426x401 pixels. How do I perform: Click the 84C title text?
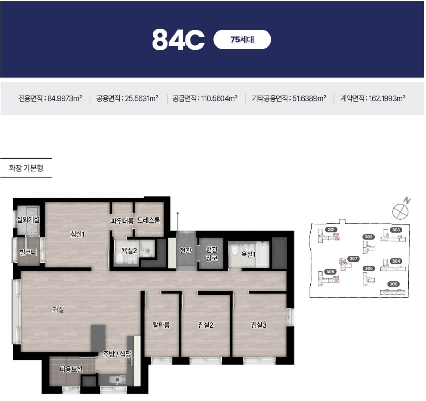[x=178, y=40]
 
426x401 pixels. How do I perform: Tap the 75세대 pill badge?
[x=242, y=39]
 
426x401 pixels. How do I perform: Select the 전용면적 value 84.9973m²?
[x=65, y=98]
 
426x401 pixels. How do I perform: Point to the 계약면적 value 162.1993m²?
[x=387, y=98]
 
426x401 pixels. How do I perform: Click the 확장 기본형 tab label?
[x=26, y=168]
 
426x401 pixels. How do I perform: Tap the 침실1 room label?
[x=77, y=234]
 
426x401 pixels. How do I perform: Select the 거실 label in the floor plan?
[x=58, y=309]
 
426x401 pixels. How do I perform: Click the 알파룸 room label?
[x=161, y=325]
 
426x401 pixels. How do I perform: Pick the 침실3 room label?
[x=258, y=325]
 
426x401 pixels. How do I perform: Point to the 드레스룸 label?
[x=149, y=220]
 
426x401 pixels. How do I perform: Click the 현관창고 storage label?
[x=212, y=254]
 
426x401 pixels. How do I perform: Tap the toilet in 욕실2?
[x=119, y=258]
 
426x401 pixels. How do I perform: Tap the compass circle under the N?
[x=400, y=212]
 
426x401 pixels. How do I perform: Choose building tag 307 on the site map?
[x=353, y=259]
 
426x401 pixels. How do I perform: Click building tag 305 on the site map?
[x=393, y=284]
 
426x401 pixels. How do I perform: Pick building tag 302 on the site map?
[x=369, y=237]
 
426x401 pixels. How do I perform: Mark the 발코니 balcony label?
[x=28, y=252]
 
